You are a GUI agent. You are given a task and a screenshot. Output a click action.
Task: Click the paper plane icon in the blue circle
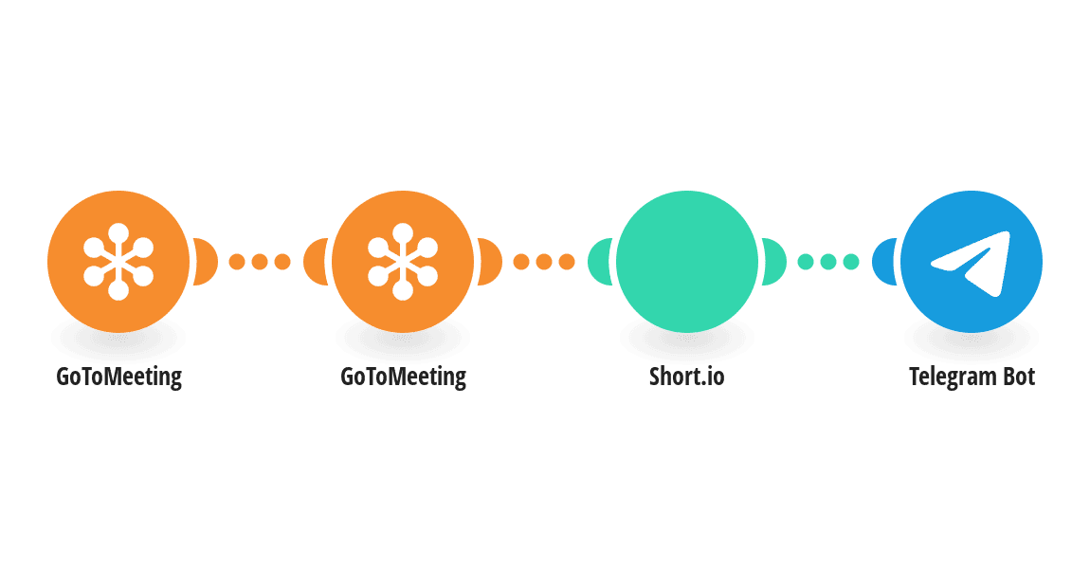coord(971,263)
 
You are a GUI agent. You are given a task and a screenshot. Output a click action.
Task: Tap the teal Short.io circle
coord(687,262)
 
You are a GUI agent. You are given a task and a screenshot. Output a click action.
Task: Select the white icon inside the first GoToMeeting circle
coord(118,262)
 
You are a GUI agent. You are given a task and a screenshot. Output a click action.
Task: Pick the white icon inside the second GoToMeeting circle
coord(403,262)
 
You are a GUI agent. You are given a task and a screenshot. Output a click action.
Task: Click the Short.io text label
coord(687,377)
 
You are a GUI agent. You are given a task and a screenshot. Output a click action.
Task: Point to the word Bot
coord(1018,377)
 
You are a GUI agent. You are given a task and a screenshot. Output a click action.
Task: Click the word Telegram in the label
coord(953,377)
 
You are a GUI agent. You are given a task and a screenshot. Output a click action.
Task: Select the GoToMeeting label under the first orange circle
coord(118,377)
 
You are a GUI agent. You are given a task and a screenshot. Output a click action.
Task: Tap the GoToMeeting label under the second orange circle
coord(403,377)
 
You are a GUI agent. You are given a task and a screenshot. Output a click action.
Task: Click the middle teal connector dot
coord(828,262)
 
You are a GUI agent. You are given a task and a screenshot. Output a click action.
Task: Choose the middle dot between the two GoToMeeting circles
coord(260,262)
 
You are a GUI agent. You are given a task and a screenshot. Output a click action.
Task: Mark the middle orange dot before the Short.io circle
coord(544,262)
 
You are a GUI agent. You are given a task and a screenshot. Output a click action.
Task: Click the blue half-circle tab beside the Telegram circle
coord(883,262)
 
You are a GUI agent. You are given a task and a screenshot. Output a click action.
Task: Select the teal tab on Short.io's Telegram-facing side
coord(774,262)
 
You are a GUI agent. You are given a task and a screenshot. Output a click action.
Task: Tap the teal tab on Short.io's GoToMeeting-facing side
coord(599,262)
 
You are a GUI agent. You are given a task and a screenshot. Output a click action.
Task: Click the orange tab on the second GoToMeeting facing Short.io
coord(490,262)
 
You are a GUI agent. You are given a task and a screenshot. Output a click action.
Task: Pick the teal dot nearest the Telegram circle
coord(851,262)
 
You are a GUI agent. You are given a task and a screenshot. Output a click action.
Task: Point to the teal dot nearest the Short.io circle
coord(805,262)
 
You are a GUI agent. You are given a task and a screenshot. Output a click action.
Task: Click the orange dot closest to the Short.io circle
coord(567,262)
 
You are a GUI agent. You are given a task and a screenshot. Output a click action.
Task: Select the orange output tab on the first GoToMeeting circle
coord(206,262)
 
